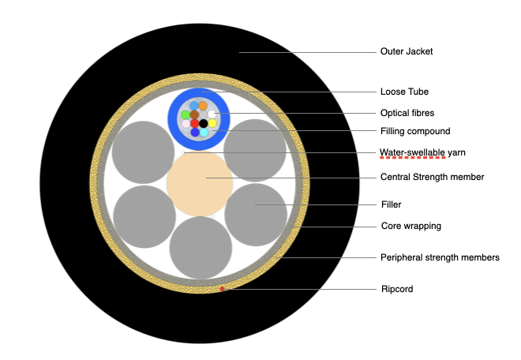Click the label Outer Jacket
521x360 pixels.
tap(407, 52)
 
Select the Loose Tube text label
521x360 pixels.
tap(402, 92)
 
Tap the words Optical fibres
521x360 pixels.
tap(407, 113)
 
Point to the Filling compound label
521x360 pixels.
tap(414, 131)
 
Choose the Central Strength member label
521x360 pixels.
tap(432, 177)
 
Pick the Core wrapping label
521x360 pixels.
tap(410, 226)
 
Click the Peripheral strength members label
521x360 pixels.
tap(440, 257)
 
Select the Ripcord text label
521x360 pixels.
tap(396, 289)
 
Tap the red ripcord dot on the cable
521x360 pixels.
tap(223, 289)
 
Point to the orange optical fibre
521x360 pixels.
tap(203, 106)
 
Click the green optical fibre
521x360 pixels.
tap(186, 114)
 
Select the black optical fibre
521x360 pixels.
tap(204, 123)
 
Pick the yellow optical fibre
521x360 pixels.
tap(212, 123)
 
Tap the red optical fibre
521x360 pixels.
tap(195, 123)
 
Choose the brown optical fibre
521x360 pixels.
tap(194, 114)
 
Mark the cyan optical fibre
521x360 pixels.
tap(204, 132)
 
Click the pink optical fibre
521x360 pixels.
tap(186, 124)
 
